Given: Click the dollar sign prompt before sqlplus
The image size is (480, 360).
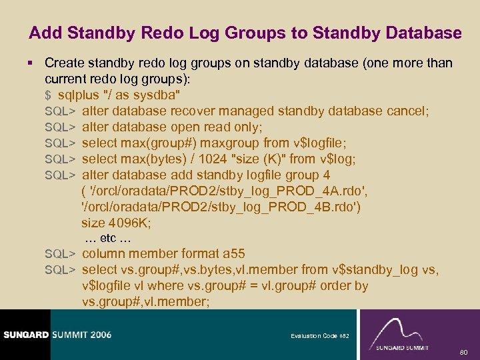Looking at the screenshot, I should [x=48, y=95].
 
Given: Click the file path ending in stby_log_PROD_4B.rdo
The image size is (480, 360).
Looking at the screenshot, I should [x=221, y=207].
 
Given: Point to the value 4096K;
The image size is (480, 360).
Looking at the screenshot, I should [x=131, y=223].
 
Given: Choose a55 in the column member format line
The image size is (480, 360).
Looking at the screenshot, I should [x=234, y=254].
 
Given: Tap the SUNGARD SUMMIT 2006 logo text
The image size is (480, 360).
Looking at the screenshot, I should [x=57, y=335].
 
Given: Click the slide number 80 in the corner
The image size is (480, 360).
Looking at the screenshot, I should [x=465, y=351].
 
